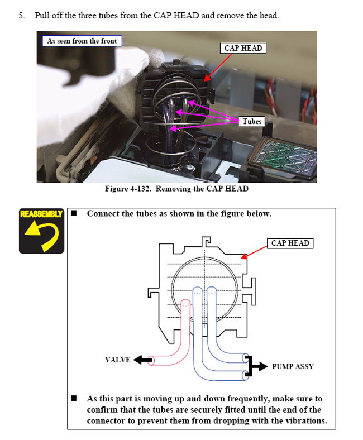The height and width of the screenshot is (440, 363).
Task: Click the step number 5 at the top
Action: tap(22, 16)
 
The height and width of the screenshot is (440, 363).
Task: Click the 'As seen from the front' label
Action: tap(82, 41)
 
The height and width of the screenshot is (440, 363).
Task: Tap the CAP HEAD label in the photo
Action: tap(243, 48)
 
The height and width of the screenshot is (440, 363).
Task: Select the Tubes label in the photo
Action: tap(252, 122)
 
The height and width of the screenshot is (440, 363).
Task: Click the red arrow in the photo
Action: tap(218, 68)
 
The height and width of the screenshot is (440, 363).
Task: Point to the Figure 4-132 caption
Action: tap(177, 189)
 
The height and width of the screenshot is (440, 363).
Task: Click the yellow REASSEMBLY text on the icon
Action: tap(41, 214)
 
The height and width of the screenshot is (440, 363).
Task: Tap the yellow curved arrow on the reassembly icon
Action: tap(42, 235)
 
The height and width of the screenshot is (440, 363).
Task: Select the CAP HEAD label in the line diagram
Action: tap(290, 243)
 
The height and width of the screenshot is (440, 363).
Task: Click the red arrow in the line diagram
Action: tap(254, 252)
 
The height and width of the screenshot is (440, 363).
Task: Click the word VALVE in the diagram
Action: tap(118, 360)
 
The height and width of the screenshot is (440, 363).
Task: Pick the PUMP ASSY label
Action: tap(293, 366)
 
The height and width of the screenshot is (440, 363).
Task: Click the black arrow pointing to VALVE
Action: tap(143, 360)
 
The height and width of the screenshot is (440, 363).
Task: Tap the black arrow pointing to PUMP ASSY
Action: tap(256, 366)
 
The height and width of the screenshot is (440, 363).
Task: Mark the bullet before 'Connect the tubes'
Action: tap(74, 213)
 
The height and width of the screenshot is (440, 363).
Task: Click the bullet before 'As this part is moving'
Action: tap(74, 398)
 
